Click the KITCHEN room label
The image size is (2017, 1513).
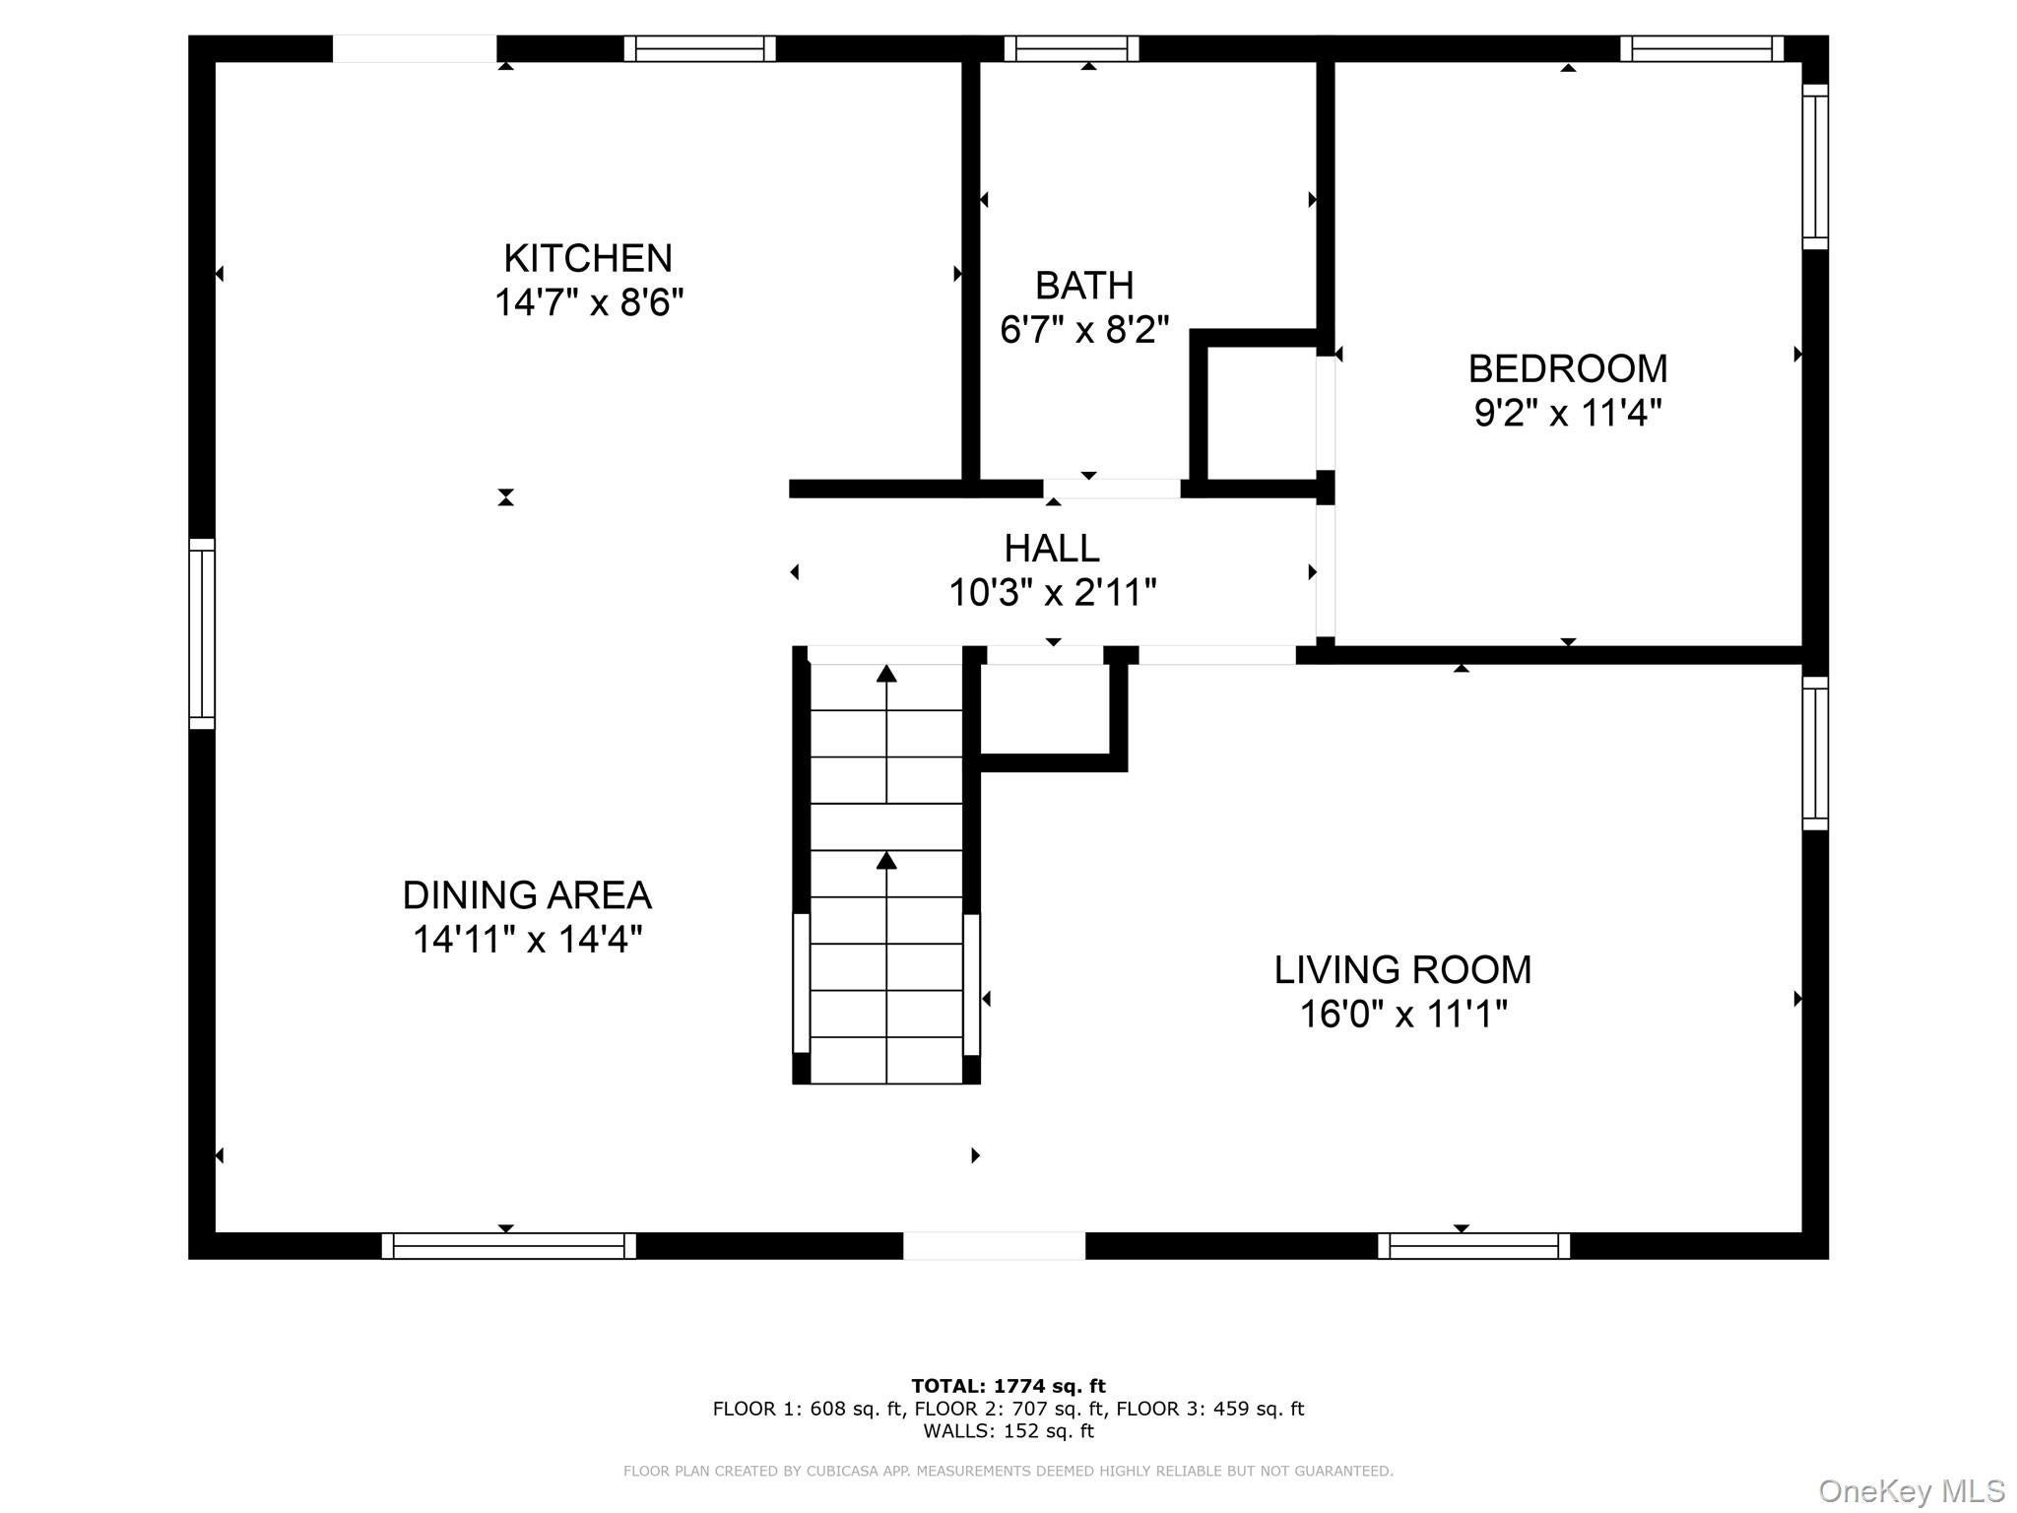[588, 259]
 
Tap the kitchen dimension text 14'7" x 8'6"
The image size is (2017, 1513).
[589, 302]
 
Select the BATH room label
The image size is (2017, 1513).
[1084, 286]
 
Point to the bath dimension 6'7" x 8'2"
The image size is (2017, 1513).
[1084, 330]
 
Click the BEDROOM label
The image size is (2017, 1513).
[1568, 369]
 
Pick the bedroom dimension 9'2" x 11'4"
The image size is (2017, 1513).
[1568, 413]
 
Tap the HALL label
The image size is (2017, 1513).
[1052, 549]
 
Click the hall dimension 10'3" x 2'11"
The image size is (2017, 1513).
[1052, 593]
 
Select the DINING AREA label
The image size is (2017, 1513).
[527, 895]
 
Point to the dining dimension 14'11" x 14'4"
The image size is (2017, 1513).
[527, 940]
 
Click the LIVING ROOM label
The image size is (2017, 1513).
[1402, 970]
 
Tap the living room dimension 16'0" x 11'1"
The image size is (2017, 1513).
[1403, 1014]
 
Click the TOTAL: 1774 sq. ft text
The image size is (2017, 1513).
[1008, 1387]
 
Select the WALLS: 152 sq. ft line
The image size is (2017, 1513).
[1008, 1431]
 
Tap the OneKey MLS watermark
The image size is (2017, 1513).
[1912, 1491]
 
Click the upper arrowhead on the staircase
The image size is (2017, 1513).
[886, 674]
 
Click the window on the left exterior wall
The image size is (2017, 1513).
[202, 634]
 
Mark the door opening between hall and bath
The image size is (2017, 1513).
[1112, 489]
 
